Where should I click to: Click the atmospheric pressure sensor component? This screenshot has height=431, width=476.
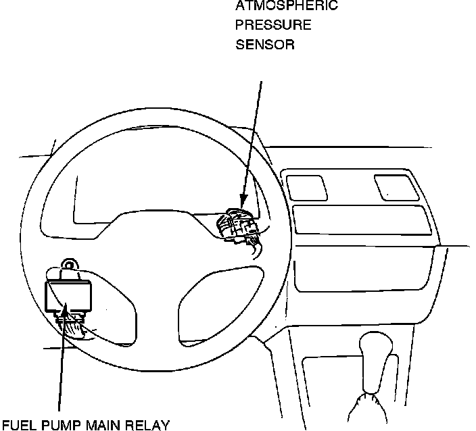(237, 226)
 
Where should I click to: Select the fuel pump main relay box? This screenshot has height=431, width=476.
(68, 295)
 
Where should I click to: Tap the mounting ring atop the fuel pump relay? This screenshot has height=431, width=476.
(68, 265)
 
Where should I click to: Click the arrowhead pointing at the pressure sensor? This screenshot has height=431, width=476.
(241, 202)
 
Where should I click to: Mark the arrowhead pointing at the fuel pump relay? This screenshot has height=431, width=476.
(66, 310)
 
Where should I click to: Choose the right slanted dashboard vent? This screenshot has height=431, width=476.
(395, 186)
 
